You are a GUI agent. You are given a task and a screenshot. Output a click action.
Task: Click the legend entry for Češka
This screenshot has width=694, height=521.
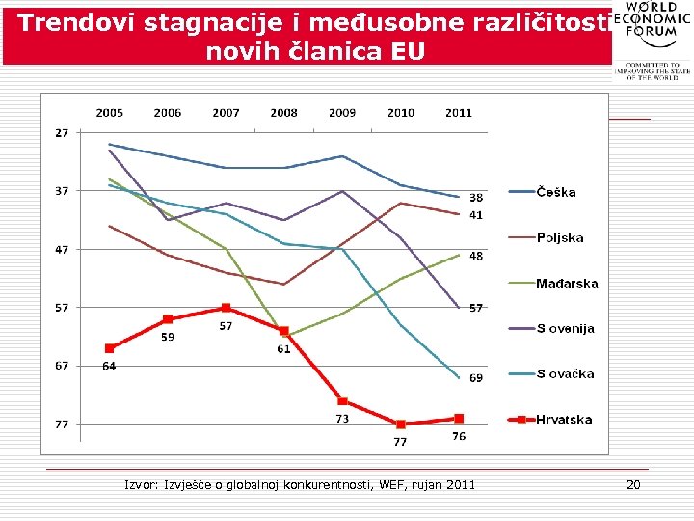pos(556,192)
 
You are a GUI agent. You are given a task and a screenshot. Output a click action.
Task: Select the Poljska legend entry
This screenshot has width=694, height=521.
pos(559,237)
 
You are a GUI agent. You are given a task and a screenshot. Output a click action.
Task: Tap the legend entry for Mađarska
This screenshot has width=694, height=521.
pos(567,284)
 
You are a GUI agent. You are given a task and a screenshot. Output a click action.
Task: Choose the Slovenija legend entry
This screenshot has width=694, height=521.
pos(565,329)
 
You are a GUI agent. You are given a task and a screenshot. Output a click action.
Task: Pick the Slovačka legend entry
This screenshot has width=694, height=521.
pos(565,374)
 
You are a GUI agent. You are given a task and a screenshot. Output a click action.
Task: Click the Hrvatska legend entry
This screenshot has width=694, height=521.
pos(564,420)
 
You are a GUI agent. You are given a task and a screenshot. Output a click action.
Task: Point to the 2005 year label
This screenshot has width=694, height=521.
pos(109,113)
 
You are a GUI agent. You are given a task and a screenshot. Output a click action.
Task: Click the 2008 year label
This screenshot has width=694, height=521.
pos(283,113)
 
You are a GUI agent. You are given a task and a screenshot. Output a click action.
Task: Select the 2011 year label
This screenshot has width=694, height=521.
pos(459,113)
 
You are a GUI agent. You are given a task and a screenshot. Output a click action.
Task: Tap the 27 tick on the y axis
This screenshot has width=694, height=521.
pos(62,133)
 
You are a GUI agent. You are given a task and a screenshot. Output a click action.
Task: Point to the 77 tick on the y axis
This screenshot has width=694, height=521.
pos(62,424)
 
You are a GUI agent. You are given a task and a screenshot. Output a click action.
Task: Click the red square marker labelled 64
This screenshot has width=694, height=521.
pos(110,348)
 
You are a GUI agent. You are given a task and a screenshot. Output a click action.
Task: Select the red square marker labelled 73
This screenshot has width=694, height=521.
pos(342,400)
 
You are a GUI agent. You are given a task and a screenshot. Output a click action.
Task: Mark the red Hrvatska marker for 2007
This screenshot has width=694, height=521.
pos(226,308)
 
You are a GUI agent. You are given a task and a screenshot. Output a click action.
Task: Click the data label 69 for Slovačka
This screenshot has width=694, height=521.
pos(476,378)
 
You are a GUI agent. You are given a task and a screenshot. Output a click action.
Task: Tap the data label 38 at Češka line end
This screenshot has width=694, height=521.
pos(476,198)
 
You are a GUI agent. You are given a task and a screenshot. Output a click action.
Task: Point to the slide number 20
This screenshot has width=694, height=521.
pos(633,484)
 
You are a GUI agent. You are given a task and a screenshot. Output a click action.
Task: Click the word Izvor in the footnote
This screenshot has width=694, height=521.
pos(143,484)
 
